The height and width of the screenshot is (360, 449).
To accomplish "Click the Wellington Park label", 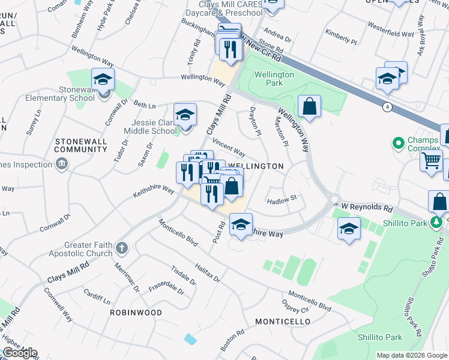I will pyautogui.click(x=274, y=79).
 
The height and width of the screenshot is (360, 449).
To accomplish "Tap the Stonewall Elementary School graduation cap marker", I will pyautogui.click(x=103, y=79).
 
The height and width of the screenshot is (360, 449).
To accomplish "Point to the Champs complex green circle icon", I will pyautogui.click(x=397, y=143).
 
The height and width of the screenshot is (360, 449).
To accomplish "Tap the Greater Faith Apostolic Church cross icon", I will pyautogui.click(x=122, y=248).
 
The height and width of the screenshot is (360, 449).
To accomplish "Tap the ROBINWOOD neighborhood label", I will pyautogui.click(x=136, y=313).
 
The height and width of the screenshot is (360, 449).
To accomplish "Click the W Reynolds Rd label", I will pyautogui.click(x=366, y=208).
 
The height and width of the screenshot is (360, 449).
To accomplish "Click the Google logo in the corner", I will pyautogui.click(x=20, y=353).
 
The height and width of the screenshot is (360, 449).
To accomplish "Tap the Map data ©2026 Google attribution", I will pyautogui.click(x=412, y=355).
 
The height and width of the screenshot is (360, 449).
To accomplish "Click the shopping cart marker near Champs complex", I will pyautogui.click(x=432, y=160).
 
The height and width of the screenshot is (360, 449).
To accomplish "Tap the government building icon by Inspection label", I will pyautogui.click(x=61, y=164).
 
